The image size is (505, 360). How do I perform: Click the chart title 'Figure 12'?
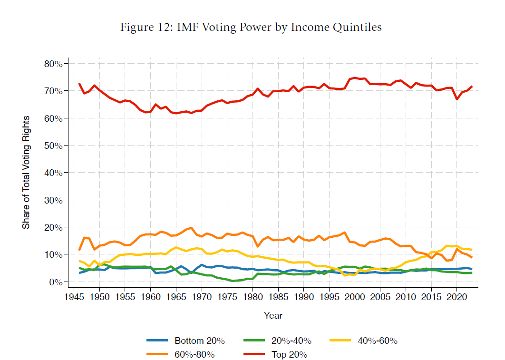click(251, 27)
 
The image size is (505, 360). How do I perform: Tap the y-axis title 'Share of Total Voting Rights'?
click(26, 172)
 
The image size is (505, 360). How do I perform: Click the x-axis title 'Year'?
click(273, 315)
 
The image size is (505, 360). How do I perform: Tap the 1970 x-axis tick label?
click(201, 297)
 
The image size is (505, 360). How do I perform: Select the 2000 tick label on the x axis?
click(354, 297)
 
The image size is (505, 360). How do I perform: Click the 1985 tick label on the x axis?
click(278, 297)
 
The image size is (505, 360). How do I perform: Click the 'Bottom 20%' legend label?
click(199, 341)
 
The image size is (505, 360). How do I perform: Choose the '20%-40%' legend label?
click(290, 341)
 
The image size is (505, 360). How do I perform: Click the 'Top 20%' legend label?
click(289, 354)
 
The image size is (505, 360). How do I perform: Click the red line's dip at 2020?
click(456, 99)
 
